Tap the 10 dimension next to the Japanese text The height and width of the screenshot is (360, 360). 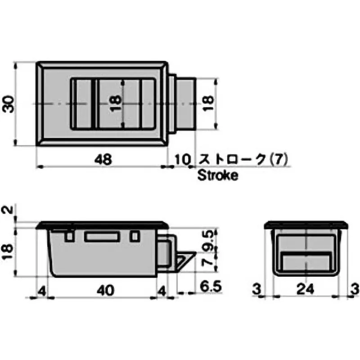click(183, 159)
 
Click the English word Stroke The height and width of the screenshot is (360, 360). click(218, 175)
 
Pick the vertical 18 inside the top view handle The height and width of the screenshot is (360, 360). click(116, 104)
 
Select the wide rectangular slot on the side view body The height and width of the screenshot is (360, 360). click(102, 237)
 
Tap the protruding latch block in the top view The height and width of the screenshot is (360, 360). click(185, 104)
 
